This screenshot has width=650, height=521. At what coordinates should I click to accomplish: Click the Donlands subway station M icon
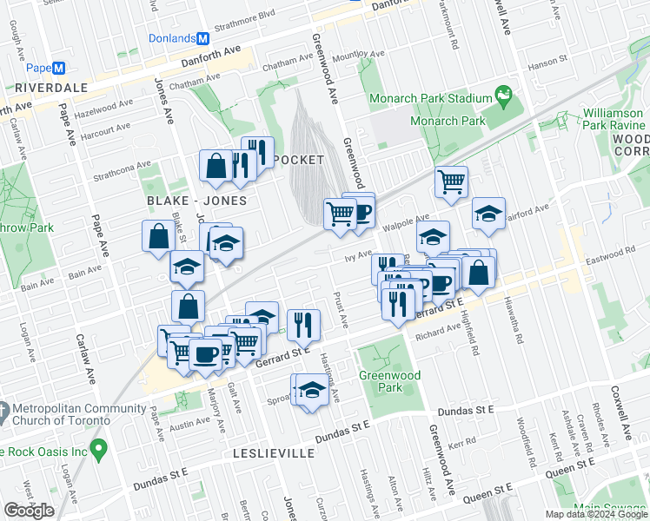point(203,39)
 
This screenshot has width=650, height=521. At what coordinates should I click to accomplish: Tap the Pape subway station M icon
point(59,69)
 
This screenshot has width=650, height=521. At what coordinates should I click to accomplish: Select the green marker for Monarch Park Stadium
point(502,93)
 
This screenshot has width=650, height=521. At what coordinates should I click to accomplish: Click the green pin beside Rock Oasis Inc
point(99,449)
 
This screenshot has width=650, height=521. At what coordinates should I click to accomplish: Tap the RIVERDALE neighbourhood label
point(50,89)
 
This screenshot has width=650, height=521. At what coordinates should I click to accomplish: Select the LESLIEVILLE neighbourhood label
point(274,453)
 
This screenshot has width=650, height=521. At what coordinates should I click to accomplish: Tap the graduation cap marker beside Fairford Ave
point(489,214)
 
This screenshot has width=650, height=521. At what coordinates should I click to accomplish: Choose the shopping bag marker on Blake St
point(159,236)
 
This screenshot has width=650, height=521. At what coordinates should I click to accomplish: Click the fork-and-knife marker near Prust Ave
point(303,325)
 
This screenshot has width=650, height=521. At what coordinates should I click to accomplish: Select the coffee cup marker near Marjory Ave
point(205,354)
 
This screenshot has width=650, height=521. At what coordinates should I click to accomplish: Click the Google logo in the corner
point(29,511)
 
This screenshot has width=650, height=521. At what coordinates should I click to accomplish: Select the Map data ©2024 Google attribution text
point(595,514)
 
